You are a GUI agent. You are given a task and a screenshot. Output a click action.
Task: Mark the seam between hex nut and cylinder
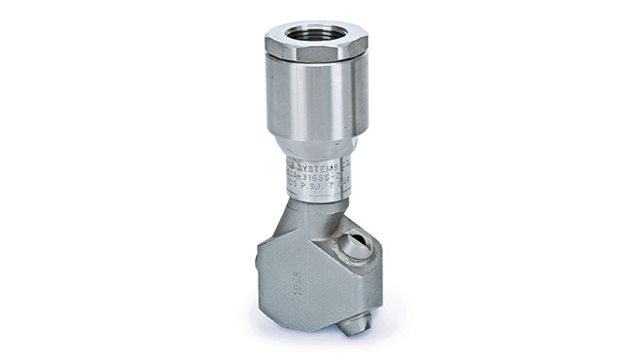(315, 64)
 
